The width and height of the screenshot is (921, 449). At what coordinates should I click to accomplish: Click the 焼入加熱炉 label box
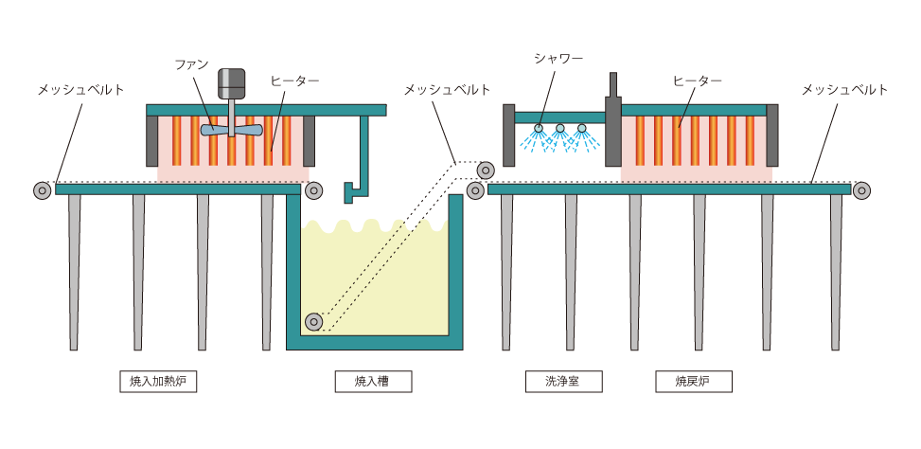pyautogui.click(x=158, y=383)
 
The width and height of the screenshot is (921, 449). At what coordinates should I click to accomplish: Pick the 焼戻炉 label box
pyautogui.click(x=693, y=383)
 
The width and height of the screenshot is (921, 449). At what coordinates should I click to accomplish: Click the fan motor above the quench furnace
pyautogui.click(x=230, y=82)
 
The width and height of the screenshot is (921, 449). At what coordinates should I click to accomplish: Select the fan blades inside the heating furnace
pyautogui.click(x=230, y=131)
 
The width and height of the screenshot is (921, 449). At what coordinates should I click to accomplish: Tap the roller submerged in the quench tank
pyautogui.click(x=314, y=321)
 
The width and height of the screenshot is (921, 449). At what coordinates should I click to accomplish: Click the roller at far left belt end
pyautogui.click(x=42, y=189)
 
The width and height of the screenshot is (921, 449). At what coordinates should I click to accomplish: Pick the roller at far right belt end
pyautogui.click(x=861, y=189)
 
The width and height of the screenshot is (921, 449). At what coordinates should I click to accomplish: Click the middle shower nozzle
pyautogui.click(x=560, y=129)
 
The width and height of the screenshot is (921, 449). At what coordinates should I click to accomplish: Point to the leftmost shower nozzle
pyautogui.click(x=538, y=129)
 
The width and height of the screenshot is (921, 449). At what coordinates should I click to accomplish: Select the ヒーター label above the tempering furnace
pyautogui.click(x=698, y=81)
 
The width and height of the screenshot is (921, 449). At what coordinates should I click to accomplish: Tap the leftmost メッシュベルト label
pyautogui.click(x=81, y=90)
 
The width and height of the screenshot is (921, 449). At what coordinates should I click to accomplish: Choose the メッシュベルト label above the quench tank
pyautogui.click(x=447, y=90)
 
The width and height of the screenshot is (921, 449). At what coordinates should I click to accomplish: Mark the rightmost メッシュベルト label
pyautogui.click(x=844, y=90)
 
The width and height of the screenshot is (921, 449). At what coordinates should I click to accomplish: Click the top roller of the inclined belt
pyautogui.click(x=486, y=171)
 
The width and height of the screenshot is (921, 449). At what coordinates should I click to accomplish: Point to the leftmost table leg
pyautogui.click(x=74, y=270)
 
